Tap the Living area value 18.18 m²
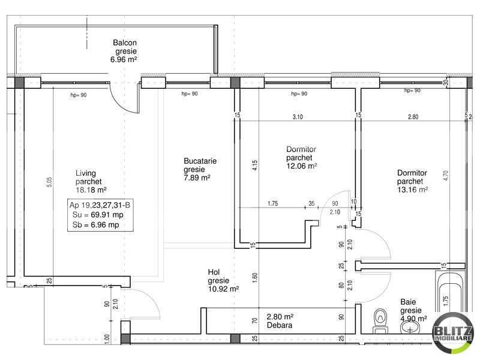coord(91,190)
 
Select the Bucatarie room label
coord(200,161)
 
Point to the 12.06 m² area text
coord(301,166)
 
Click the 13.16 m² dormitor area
coord(412,189)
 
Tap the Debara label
coord(280,326)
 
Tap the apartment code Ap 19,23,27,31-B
coord(97,205)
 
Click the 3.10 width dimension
coord(297,117)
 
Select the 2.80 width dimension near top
coord(413,117)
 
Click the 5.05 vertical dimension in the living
coord(49,182)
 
